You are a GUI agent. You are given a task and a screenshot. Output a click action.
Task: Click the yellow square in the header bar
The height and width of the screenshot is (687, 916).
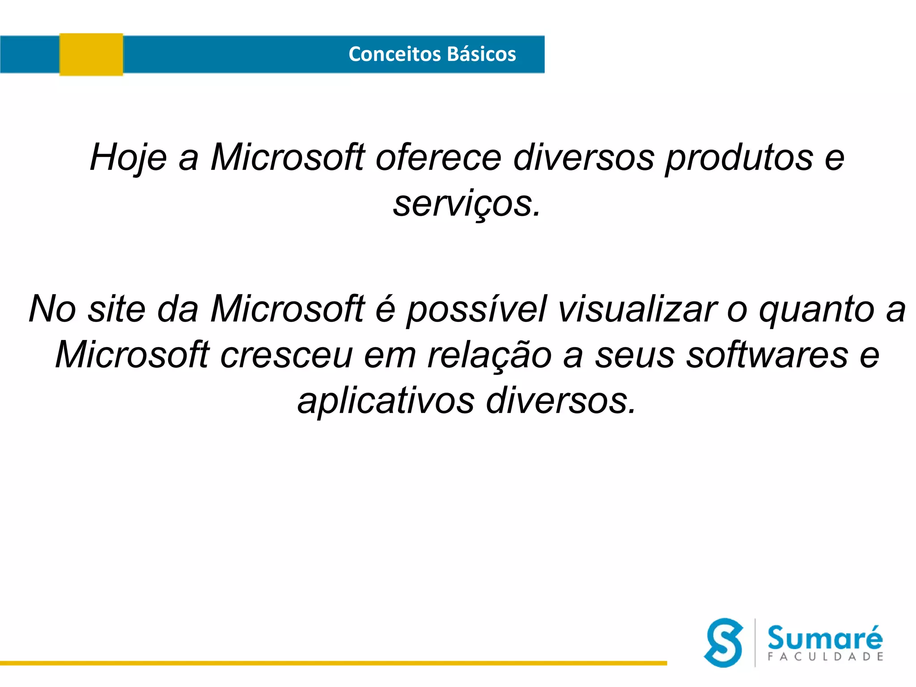(x=91, y=55)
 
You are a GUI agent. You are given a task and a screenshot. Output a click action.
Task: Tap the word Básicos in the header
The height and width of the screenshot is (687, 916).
(x=482, y=54)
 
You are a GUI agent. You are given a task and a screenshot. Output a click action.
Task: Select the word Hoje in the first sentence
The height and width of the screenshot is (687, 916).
(x=128, y=157)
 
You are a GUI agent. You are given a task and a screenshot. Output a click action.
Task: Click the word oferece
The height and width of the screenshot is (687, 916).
(x=438, y=157)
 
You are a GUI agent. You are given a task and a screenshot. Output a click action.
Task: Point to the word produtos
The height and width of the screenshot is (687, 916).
(x=739, y=157)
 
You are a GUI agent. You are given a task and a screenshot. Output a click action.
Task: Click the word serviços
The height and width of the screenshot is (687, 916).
(x=467, y=204)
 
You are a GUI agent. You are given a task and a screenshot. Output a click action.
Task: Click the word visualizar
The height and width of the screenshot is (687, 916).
(x=637, y=309)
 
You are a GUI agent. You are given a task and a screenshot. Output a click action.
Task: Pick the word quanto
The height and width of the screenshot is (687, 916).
(x=816, y=309)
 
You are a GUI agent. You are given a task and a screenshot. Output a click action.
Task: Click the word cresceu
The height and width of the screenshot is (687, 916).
(x=286, y=355)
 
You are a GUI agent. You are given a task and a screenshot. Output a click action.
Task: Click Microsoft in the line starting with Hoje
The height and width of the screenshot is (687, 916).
(x=288, y=157)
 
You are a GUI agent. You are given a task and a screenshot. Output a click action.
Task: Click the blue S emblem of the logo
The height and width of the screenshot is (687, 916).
(x=723, y=643)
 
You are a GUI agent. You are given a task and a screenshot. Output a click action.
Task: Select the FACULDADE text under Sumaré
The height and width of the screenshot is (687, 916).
(x=825, y=657)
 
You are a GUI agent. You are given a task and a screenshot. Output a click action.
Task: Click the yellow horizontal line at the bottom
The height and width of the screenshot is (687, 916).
(x=333, y=663)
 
